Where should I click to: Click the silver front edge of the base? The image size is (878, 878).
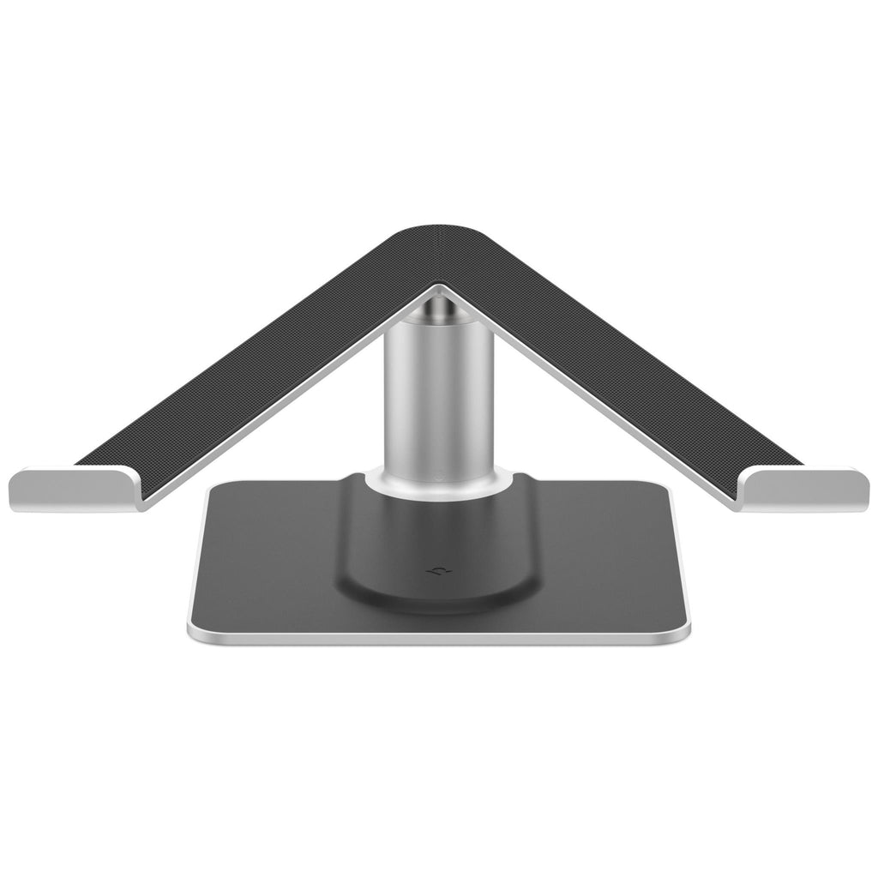438,639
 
